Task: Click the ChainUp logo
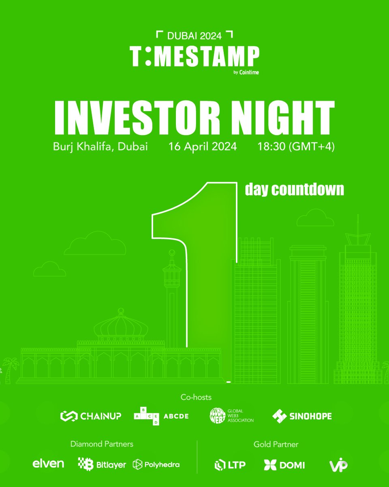tap(91, 416)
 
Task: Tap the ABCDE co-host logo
tap(161, 416)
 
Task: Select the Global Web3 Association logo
tap(232, 416)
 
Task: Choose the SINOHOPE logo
tap(302, 416)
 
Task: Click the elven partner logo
tap(48, 464)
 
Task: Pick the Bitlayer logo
tap(102, 464)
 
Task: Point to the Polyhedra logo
tap(156, 464)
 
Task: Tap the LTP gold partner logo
tap(230, 465)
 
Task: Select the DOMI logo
tap(284, 465)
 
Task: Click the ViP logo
tap(338, 465)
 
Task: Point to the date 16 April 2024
tap(203, 147)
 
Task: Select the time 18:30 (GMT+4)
tap(296, 147)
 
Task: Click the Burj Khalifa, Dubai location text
tap(100, 147)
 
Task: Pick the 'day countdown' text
tap(295, 190)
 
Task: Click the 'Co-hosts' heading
tap(196, 397)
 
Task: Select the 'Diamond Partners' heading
tap(102, 444)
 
